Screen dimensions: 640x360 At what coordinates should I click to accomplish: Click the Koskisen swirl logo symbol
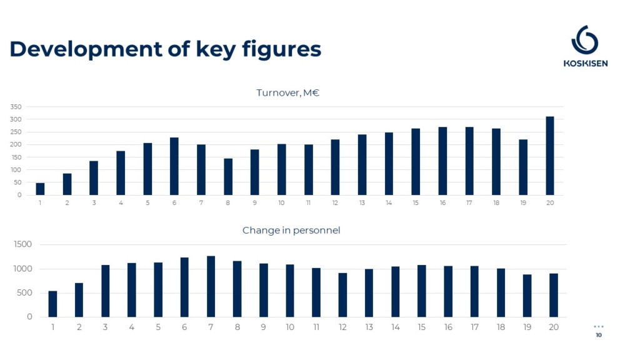(x=584, y=40)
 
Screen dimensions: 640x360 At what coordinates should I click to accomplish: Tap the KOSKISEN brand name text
(x=585, y=63)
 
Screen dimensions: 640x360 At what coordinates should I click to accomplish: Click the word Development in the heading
(x=86, y=49)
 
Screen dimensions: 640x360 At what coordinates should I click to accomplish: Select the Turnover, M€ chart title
(x=287, y=92)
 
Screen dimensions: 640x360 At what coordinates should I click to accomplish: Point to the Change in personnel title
(x=291, y=230)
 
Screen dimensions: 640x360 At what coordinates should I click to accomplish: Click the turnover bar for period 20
(x=550, y=156)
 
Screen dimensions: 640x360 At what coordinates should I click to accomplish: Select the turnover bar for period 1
(x=40, y=189)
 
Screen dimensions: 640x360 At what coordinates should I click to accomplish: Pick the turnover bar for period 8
(x=227, y=177)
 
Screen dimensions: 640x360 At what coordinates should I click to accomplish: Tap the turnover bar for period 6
(x=174, y=166)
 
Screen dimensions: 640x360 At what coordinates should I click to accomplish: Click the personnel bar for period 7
(x=211, y=286)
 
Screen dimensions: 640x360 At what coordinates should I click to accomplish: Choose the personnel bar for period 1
(x=52, y=304)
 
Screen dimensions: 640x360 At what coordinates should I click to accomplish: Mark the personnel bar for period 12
(x=342, y=295)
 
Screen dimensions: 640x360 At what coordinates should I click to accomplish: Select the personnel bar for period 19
(x=527, y=296)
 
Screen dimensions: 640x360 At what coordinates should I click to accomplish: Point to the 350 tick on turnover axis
(x=16, y=107)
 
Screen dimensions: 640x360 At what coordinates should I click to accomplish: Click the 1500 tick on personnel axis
(x=23, y=244)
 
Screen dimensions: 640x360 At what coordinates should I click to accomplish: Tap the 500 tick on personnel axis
(x=24, y=292)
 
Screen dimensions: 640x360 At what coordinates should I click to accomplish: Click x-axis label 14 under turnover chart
(x=389, y=203)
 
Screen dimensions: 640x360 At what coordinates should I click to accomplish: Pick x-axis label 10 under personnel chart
(x=290, y=327)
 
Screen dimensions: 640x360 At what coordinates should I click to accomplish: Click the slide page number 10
(x=599, y=335)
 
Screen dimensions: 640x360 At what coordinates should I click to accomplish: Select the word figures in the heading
(x=282, y=50)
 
